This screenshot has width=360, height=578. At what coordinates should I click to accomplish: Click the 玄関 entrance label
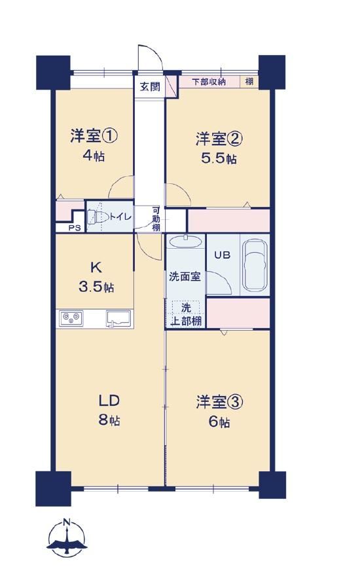pos(151,87)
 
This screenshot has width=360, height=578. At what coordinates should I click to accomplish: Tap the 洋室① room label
pos(94,136)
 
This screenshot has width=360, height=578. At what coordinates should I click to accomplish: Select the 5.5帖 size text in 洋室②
pos(219,158)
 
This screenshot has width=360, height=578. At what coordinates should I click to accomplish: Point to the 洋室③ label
pos(219,402)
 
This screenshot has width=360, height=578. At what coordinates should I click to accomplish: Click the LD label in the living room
pos(109,401)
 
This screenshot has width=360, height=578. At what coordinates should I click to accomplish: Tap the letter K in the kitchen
pos(96,267)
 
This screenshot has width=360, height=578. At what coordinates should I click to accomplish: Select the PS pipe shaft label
pos(75,228)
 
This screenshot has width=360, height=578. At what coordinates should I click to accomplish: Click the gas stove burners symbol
pos(71,318)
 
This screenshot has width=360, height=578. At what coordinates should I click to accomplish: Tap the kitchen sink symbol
pos(118,319)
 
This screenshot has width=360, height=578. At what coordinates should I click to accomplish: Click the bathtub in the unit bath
pos(255,264)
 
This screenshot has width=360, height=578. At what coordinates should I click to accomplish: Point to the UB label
pos(222,255)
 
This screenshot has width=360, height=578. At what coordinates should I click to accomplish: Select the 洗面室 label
pos(185,276)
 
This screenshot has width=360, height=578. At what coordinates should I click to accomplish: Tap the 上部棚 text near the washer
pos(187,321)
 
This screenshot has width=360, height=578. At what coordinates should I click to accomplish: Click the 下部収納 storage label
pos(209,82)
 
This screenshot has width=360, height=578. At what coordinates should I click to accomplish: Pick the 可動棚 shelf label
pos(156,219)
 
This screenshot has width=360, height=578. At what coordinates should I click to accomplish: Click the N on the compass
pos(66,522)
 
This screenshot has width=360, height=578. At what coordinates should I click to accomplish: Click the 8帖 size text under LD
pos(109,420)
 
